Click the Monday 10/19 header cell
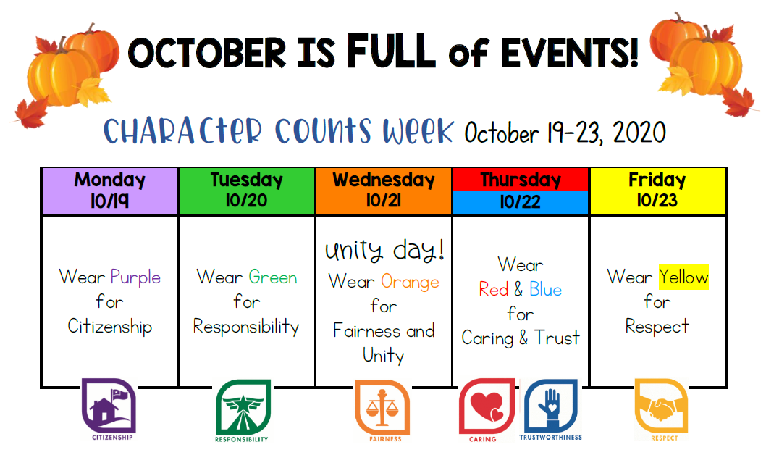click(x=109, y=191)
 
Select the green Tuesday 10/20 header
click(x=247, y=191)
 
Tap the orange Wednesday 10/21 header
click(x=384, y=191)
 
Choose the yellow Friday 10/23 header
click(x=657, y=191)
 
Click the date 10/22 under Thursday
click(x=521, y=202)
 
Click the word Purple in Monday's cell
click(x=135, y=277)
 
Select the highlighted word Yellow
click(x=683, y=277)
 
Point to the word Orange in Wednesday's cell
click(x=410, y=283)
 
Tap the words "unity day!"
click(x=384, y=251)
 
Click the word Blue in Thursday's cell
click(x=546, y=289)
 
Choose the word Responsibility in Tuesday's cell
click(x=246, y=327)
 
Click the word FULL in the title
click(x=391, y=51)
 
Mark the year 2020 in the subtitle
click(x=639, y=133)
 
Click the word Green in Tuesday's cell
click(x=273, y=277)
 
